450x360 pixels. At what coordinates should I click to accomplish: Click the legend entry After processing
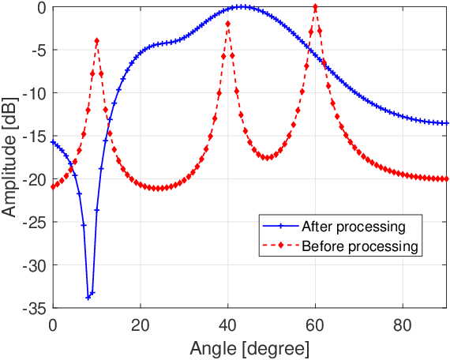353,227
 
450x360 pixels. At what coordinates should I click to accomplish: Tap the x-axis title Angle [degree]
250,347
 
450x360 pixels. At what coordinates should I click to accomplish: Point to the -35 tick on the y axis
36,308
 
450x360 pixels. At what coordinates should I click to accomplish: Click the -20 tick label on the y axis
36,179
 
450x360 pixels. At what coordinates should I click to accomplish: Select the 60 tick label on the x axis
316,323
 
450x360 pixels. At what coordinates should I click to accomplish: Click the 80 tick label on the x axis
403,323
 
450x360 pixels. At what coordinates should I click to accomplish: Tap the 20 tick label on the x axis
141,323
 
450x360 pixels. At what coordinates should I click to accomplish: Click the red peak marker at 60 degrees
316,7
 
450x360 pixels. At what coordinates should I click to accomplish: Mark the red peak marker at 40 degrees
228,24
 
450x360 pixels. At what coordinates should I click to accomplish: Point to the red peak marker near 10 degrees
97,41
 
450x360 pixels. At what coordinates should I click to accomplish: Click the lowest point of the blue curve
88,298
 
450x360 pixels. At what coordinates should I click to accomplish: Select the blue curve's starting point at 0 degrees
53,142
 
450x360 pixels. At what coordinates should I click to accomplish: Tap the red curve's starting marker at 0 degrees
53,186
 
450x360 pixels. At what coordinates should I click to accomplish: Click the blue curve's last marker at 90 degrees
447,123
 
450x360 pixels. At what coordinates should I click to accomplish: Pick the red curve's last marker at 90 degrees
447,179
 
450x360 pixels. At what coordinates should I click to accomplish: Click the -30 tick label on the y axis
36,265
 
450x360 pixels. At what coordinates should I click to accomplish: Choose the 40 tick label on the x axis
228,323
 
